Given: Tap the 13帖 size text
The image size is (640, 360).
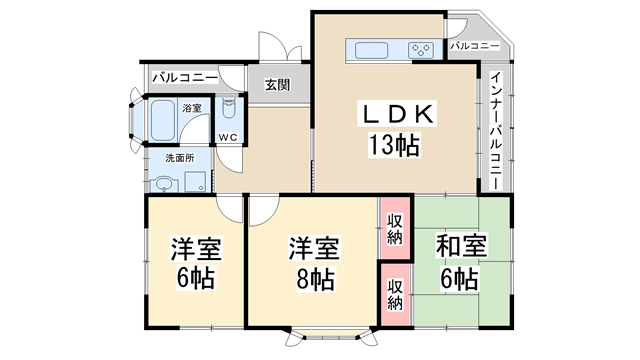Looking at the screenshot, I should click(391, 146).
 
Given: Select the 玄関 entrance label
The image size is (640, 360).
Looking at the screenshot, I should click(277, 85).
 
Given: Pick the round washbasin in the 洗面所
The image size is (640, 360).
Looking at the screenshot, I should click(165, 182).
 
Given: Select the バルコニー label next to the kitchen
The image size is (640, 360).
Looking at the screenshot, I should click(476, 46).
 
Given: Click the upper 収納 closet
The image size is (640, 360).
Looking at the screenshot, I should click(395, 228).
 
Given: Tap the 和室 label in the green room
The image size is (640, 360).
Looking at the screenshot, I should click(461, 245).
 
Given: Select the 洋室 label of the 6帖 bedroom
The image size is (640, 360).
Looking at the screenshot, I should click(196, 247).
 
